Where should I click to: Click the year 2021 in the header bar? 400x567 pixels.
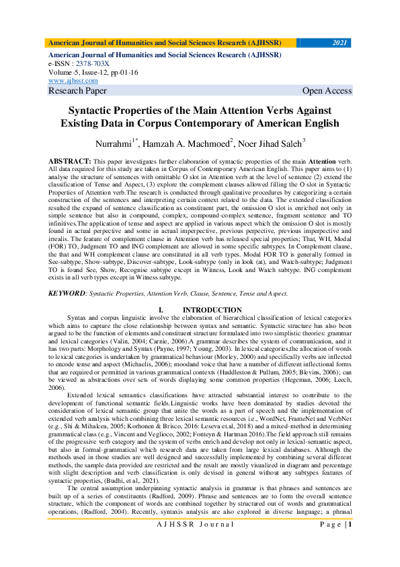340,42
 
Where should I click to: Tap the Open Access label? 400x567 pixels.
327,90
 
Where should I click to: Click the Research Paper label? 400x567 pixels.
77,90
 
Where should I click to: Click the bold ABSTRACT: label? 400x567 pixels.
70,163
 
